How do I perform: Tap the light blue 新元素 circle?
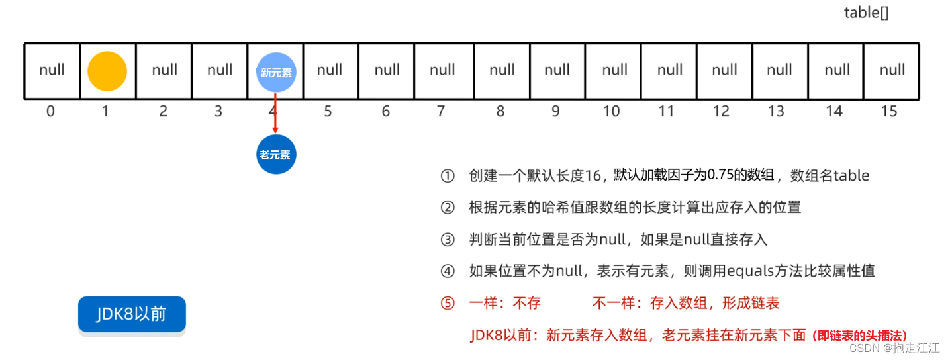[x=276, y=72]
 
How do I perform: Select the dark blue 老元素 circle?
[x=275, y=155]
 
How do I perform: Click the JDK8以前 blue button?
[x=132, y=314]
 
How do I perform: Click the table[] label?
[x=866, y=13]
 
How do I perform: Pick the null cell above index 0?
[x=52, y=70]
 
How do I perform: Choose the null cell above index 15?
[x=892, y=70]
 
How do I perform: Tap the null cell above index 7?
[x=442, y=70]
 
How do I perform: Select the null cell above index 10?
[x=614, y=70]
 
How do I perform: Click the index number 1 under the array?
[x=105, y=111]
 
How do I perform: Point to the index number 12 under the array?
[x=721, y=111]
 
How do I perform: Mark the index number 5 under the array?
[x=328, y=111]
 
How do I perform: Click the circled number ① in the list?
[x=448, y=176]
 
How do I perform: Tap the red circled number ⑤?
[x=448, y=304]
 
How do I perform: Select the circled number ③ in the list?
[x=448, y=240]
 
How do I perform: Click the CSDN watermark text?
[x=863, y=348]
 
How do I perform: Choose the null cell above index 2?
[x=164, y=70]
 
